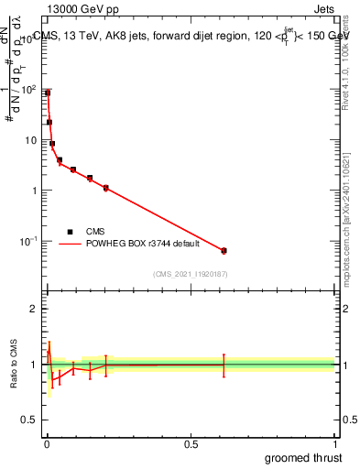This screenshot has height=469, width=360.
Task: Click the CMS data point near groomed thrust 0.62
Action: point(224,250)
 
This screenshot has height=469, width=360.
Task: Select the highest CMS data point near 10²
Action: point(48,93)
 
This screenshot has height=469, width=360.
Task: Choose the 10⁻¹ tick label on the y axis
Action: point(28,240)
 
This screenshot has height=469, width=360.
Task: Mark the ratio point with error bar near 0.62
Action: point(224,365)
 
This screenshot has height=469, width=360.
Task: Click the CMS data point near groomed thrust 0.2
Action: point(106,188)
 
